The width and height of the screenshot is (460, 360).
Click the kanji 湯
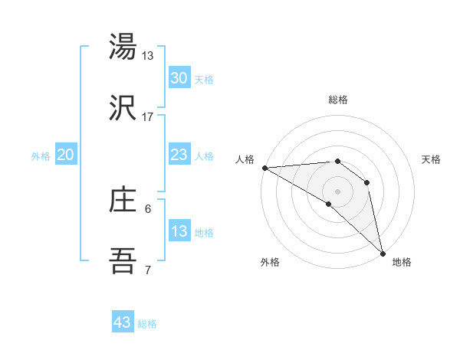[x=123, y=47]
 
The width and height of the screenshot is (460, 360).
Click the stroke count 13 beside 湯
[x=148, y=55]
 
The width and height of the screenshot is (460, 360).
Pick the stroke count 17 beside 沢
[x=148, y=116]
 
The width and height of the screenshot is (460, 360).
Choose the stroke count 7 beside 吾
[x=148, y=270]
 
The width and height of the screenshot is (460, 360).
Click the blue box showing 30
[x=179, y=78]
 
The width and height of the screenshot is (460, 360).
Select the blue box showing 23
[x=179, y=155]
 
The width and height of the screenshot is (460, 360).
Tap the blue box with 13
[x=179, y=231]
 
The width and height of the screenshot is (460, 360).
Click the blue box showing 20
[x=65, y=155]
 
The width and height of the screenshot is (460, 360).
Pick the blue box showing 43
[x=123, y=322]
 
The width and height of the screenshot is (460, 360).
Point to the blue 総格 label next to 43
[x=147, y=324]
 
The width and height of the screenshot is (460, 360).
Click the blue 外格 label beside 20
[x=41, y=156]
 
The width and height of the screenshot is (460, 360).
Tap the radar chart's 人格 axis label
[x=244, y=159]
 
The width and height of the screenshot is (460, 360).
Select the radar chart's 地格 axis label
[x=402, y=262]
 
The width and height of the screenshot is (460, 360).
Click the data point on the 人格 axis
[x=264, y=168]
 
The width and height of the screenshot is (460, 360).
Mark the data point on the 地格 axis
[x=382, y=252]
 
